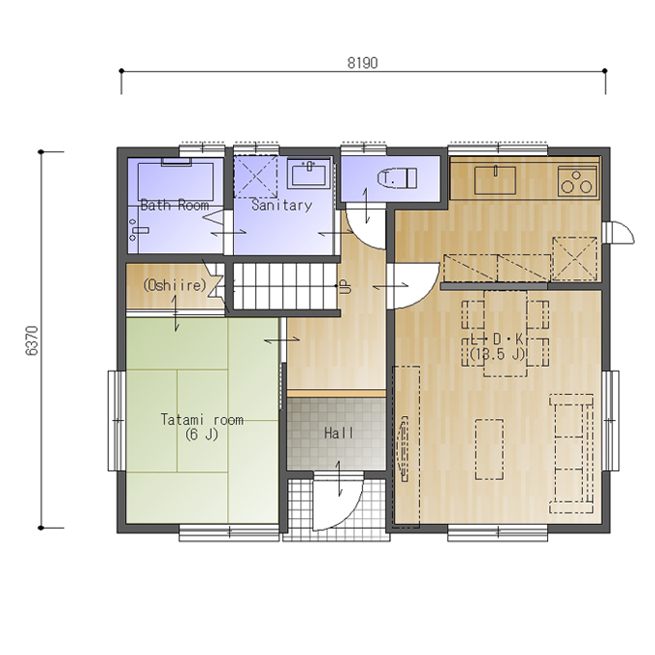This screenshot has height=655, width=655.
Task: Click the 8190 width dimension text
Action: click(x=362, y=63)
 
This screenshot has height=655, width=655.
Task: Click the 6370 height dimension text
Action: click(x=32, y=341)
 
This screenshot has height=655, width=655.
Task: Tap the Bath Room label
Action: click(x=174, y=205)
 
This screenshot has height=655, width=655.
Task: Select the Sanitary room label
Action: click(x=281, y=205)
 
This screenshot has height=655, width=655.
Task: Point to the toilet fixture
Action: click(x=397, y=178)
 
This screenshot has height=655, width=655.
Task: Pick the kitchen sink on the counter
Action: click(x=494, y=180)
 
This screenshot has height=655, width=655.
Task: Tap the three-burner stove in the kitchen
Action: click(x=577, y=182)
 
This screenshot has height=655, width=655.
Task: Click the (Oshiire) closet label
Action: click(x=174, y=285)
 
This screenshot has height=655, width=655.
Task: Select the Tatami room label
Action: click(x=202, y=419)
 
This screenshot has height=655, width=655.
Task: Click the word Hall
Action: click(x=339, y=433)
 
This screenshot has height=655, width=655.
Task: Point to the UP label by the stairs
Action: click(x=346, y=286)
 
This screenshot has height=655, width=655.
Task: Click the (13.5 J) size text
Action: click(x=497, y=354)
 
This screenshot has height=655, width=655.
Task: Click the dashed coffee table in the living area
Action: click(x=488, y=449)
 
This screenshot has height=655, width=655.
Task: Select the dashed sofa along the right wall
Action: click(x=571, y=454)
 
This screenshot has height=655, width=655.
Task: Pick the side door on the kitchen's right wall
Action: click(x=619, y=232)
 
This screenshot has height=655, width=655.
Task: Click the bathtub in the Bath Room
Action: click(x=175, y=181)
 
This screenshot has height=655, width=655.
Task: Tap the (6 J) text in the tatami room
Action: click(x=201, y=434)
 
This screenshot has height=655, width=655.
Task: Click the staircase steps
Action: click(x=284, y=286)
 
